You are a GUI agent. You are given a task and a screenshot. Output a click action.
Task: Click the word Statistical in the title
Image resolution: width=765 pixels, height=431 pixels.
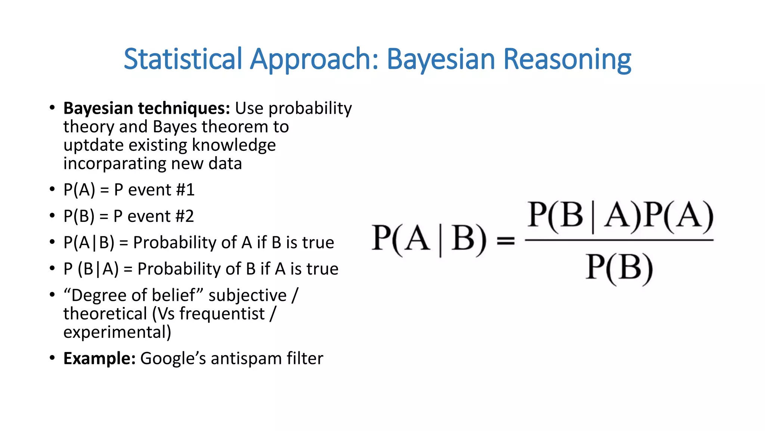[x=183, y=59]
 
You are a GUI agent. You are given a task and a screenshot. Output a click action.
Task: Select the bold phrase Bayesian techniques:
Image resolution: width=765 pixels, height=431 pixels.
[x=146, y=108]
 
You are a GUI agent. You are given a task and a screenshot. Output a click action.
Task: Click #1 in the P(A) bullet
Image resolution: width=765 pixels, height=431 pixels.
[x=185, y=190]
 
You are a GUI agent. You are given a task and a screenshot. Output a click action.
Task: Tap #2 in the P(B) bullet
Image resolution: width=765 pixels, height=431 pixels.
[x=185, y=216]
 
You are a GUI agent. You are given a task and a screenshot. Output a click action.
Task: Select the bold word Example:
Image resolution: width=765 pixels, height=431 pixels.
[x=99, y=358]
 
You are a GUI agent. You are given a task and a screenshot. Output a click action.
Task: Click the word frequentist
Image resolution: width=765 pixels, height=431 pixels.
[x=222, y=314]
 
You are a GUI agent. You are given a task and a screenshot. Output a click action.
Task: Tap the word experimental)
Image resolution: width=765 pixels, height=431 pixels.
[x=117, y=332]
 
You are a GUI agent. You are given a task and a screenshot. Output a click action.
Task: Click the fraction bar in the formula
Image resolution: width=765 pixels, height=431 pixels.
[x=619, y=240]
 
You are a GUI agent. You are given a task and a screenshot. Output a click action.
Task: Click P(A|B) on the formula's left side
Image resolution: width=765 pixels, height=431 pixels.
[x=429, y=239]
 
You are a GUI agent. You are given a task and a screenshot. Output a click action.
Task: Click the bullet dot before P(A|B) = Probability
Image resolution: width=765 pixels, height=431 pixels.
[x=52, y=242]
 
